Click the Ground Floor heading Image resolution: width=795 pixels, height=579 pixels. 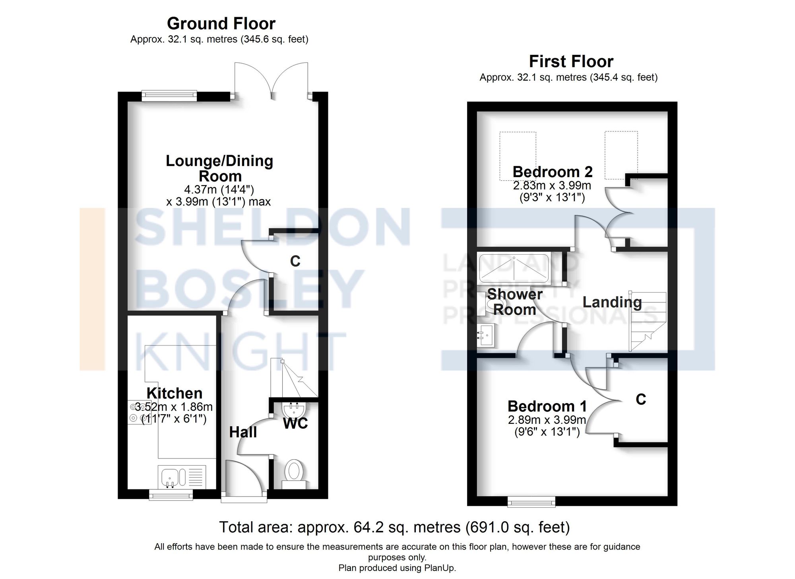click(x=221, y=24)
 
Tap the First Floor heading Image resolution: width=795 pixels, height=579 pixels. click(x=571, y=62)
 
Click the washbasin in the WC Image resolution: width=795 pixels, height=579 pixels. click(x=294, y=409)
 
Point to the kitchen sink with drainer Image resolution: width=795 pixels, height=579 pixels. click(x=182, y=477)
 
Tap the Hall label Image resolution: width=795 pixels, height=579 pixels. click(x=243, y=432)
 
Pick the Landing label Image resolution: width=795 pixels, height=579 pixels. click(x=612, y=302)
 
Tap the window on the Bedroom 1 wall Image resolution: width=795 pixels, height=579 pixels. click(x=531, y=502)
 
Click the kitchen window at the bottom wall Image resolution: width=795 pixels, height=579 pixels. click(x=171, y=495)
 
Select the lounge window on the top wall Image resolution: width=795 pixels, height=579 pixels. click(x=169, y=94)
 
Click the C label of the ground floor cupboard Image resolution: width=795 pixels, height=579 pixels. click(x=295, y=261)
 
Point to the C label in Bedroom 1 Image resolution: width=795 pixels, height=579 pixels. click(x=641, y=400)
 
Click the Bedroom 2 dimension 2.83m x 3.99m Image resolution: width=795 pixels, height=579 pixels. click(x=552, y=186)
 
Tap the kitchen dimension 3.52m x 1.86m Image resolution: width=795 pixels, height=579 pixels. click(x=174, y=407)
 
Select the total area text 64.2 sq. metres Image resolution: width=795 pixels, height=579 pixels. click(x=394, y=527)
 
